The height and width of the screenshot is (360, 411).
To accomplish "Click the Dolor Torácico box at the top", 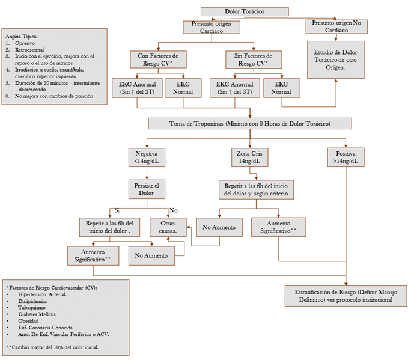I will (x=244, y=11).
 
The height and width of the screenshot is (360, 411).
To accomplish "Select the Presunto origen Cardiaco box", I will (x=212, y=27).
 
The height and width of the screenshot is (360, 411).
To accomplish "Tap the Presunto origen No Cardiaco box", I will (x=336, y=27).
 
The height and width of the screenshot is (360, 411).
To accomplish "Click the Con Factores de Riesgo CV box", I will (x=158, y=59).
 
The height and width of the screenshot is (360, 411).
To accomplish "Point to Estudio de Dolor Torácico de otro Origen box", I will (x=336, y=59).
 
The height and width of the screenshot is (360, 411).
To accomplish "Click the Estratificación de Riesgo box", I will (x=342, y=295).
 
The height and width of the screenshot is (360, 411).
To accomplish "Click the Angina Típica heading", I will (x=22, y=37).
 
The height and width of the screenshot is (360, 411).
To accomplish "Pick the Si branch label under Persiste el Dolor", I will (x=117, y=210).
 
